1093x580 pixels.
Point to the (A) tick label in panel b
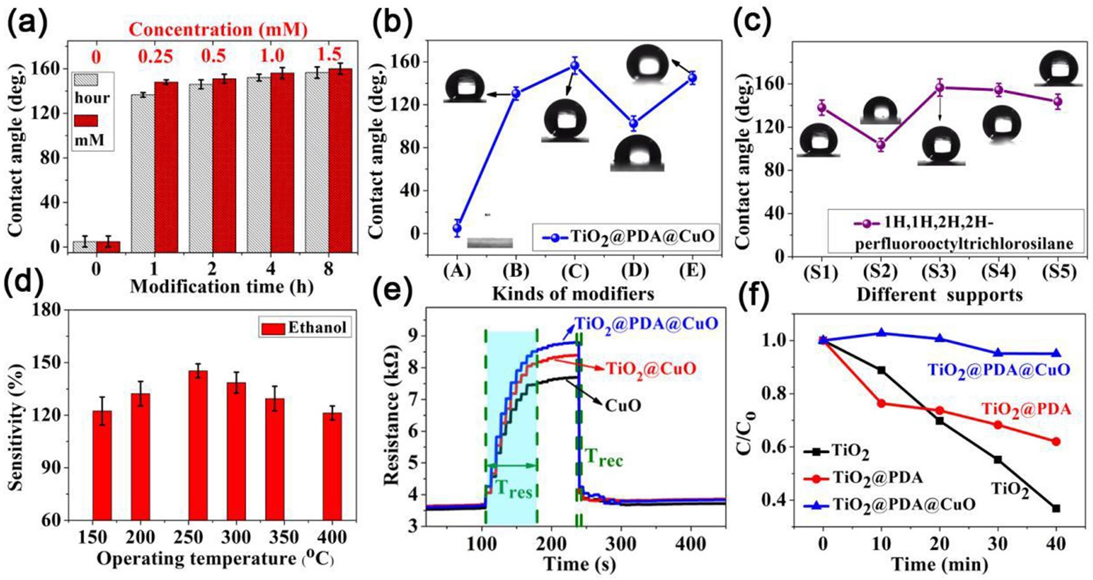(457, 270)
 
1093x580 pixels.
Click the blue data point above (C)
(574, 65)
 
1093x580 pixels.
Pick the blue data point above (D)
(634, 123)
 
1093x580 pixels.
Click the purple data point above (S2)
(881, 145)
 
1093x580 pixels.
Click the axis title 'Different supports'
(939, 295)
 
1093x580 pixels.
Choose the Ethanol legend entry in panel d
(305, 327)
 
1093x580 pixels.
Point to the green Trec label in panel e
(604, 460)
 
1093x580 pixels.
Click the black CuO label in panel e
(623, 405)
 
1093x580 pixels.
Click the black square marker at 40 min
(1056, 508)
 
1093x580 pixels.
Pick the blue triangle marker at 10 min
(881, 333)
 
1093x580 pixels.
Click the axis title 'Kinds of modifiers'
(573, 294)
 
